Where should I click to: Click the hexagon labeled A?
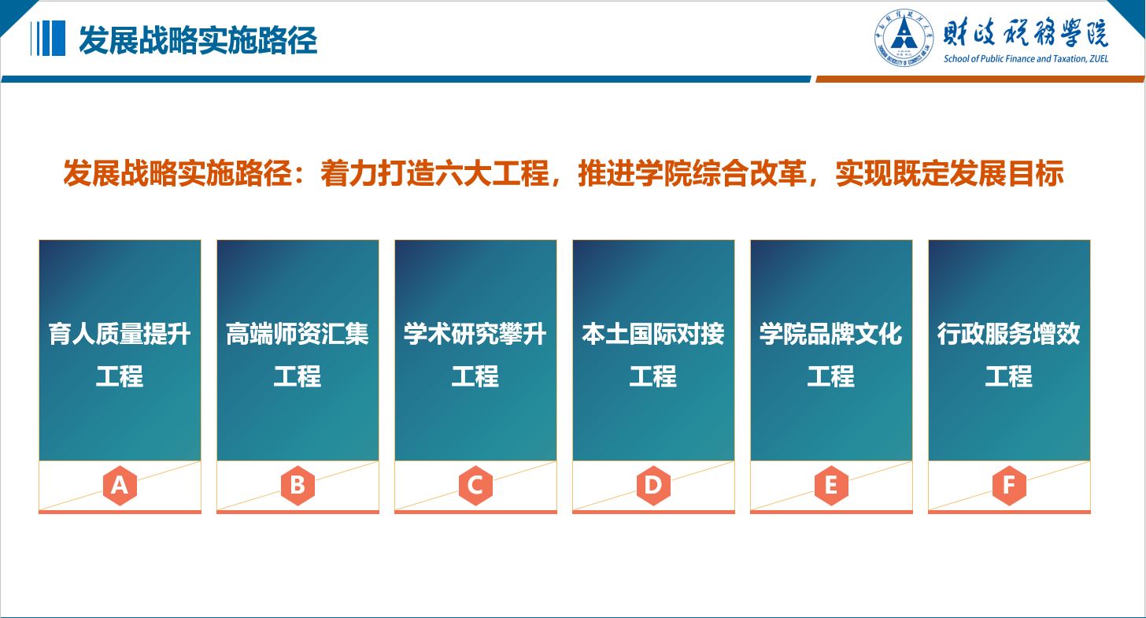click(120, 486)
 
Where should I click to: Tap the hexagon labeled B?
click(298, 486)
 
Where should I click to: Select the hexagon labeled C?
click(475, 486)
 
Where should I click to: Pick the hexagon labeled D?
click(653, 486)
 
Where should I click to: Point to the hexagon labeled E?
click(831, 486)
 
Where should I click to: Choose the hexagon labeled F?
click(1009, 486)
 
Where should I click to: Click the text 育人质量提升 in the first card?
click(120, 334)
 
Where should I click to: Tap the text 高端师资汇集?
click(298, 334)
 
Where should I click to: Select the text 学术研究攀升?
click(475, 334)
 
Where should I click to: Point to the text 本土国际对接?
click(653, 334)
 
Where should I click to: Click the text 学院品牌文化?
click(831, 334)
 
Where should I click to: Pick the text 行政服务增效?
click(1009, 334)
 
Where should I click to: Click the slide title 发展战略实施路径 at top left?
click(198, 40)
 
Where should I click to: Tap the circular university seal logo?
click(904, 37)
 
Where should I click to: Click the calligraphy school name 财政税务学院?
click(1026, 32)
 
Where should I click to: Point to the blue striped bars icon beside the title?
click(47, 38)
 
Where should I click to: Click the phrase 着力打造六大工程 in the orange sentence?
click(434, 173)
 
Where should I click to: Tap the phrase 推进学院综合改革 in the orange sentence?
click(693, 173)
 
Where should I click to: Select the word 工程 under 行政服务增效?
click(1009, 376)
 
